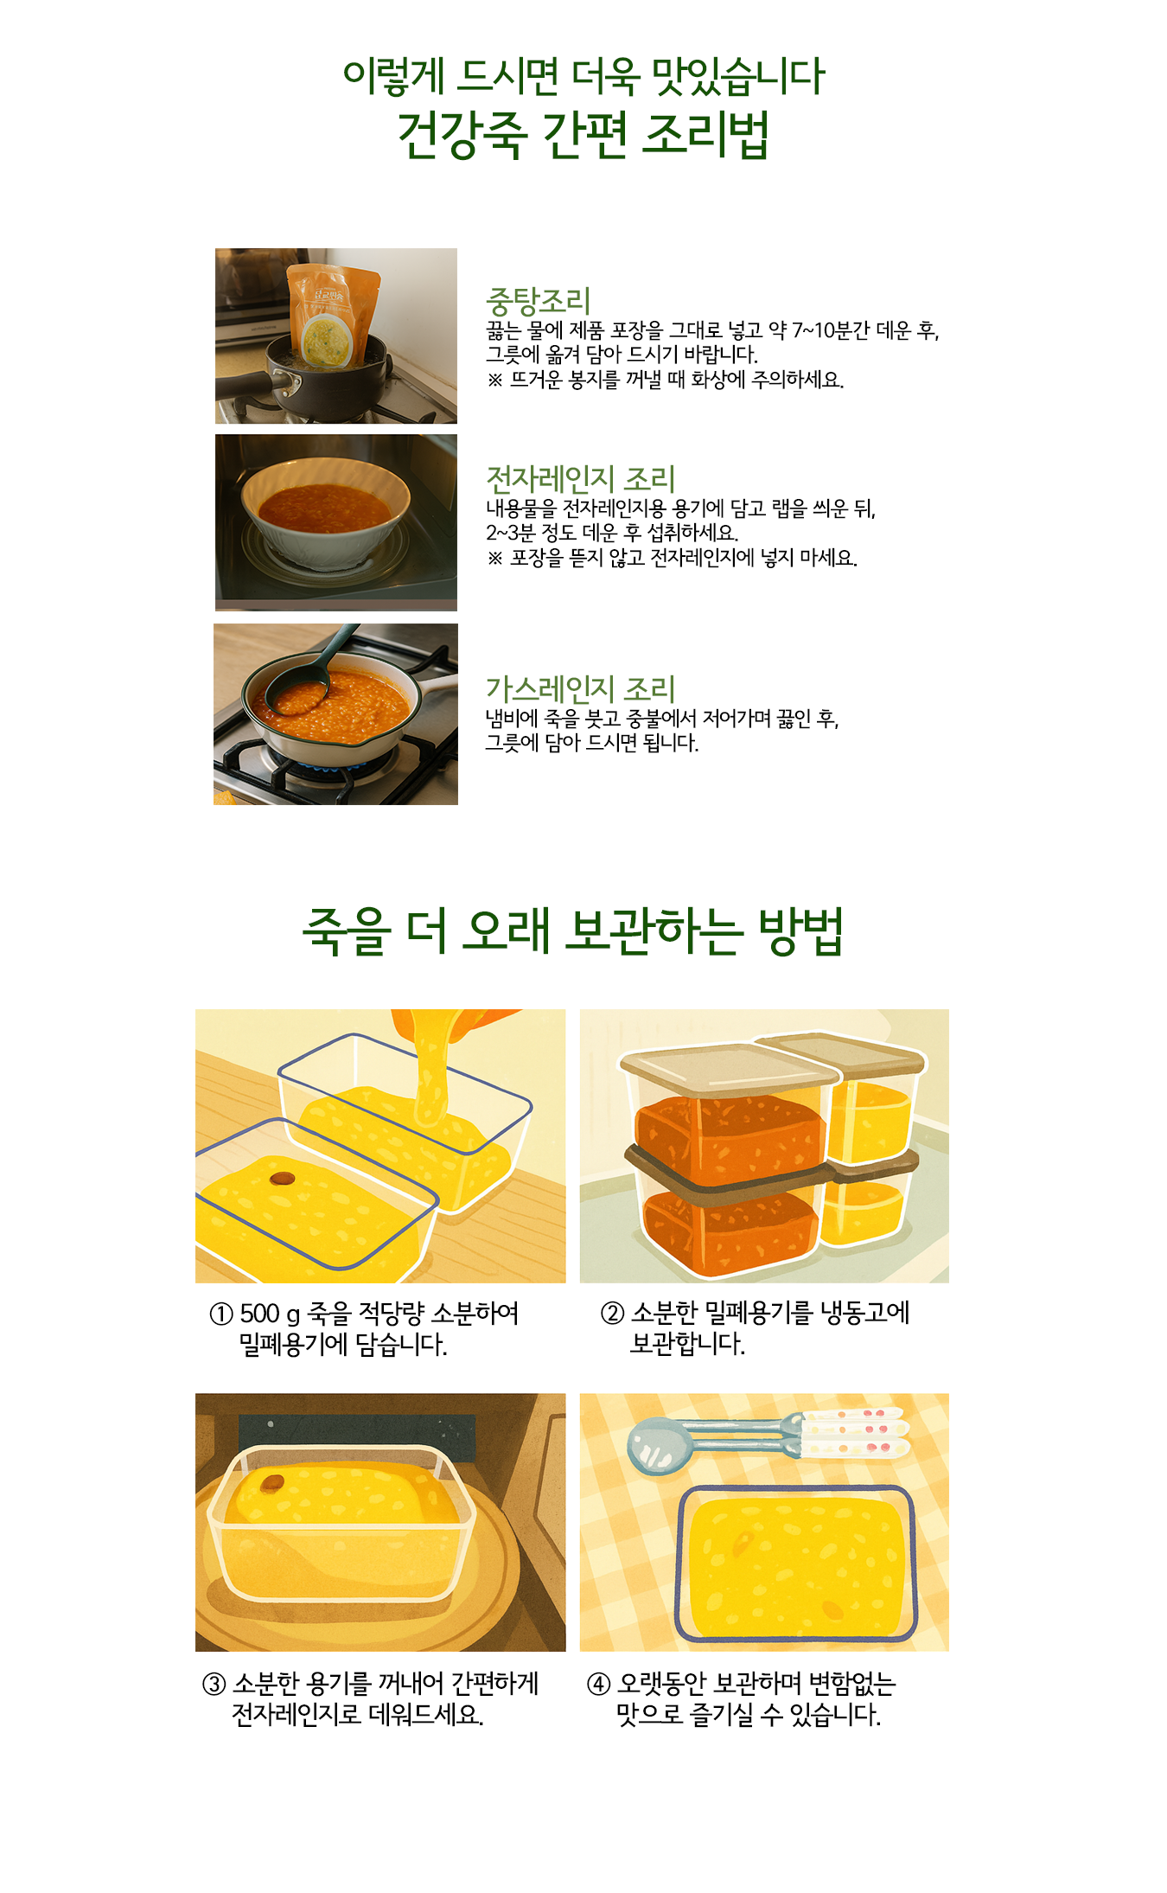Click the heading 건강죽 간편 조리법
click(583, 135)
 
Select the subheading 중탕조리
click(539, 302)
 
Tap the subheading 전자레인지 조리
click(581, 479)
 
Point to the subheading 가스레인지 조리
click(580, 689)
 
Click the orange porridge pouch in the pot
click(333, 316)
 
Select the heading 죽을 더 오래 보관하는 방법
click(573, 932)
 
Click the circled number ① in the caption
click(221, 1314)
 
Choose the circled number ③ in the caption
click(214, 1684)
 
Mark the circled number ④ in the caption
click(598, 1684)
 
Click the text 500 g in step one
click(270, 1314)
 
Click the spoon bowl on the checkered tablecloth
click(660, 1445)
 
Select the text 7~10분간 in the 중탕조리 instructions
click(831, 330)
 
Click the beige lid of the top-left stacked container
click(730, 1069)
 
